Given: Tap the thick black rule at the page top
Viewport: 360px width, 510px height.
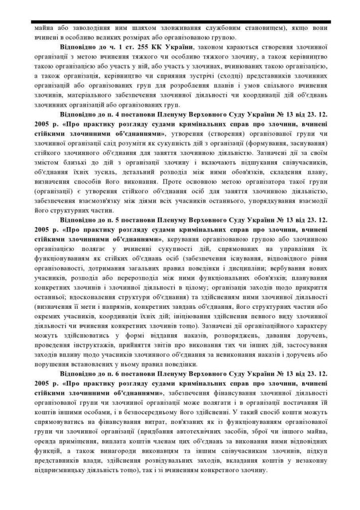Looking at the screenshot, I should pyautogui.click(x=180, y=20).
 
